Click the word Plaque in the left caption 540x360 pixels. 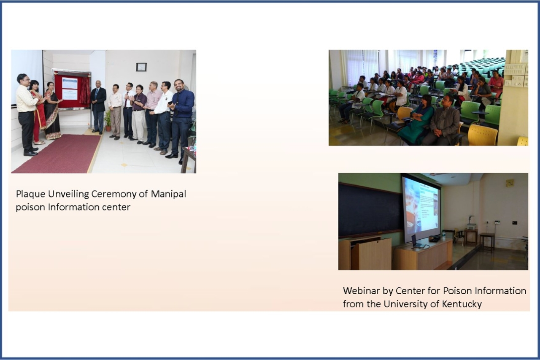(x=31, y=194)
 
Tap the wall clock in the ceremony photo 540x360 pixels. (x=141, y=67)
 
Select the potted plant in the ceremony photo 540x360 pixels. (x=108, y=121)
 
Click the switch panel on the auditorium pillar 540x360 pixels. (x=515, y=75)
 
